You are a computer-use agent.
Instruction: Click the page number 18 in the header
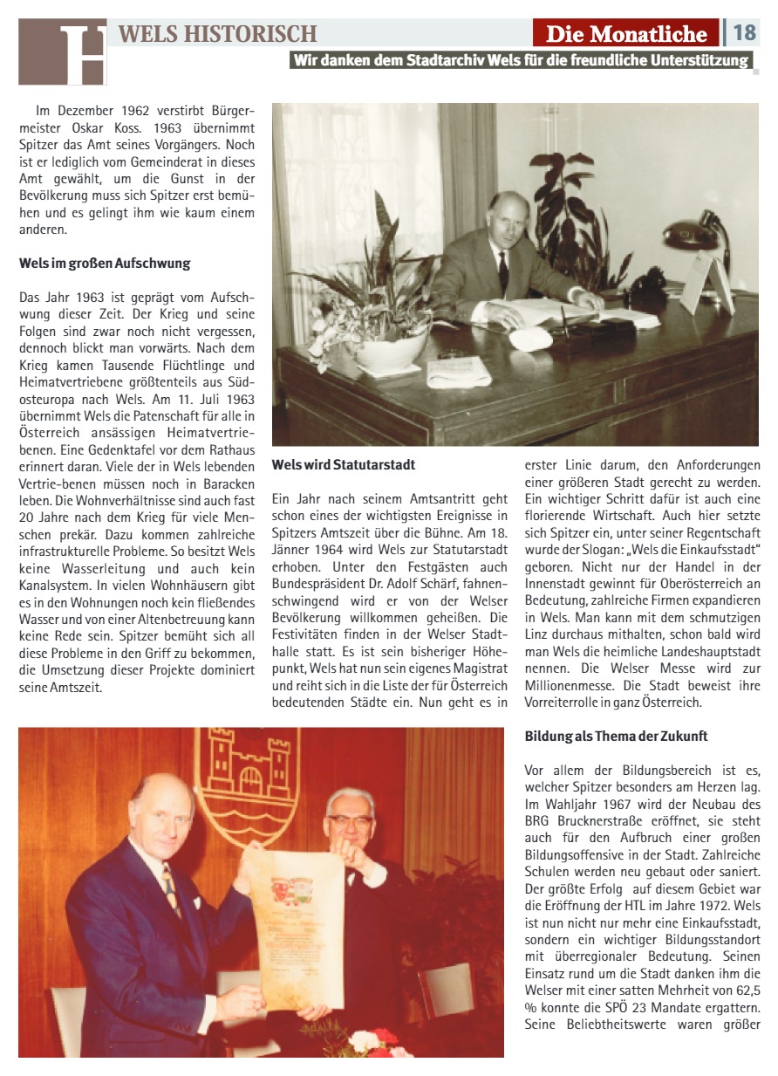tap(744, 33)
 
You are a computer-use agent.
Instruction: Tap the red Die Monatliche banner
tap(626, 34)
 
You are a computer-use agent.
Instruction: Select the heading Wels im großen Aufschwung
tap(105, 264)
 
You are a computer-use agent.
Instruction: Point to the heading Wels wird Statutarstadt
tap(344, 465)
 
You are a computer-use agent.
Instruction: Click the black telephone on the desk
tap(649, 283)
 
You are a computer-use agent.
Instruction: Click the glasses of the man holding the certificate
tap(350, 821)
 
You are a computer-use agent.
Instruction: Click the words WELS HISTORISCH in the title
tap(218, 34)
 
